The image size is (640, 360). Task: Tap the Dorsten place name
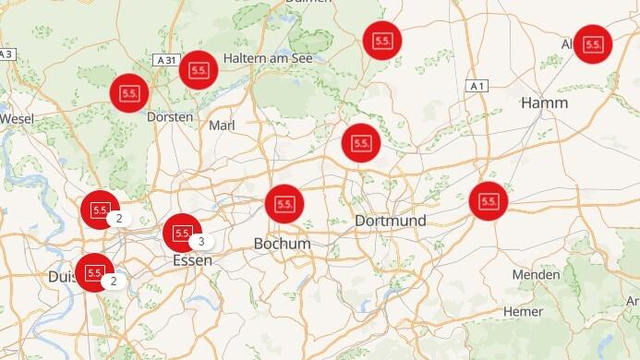click(x=170, y=117)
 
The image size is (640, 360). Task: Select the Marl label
click(x=223, y=125)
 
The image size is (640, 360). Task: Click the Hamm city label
click(x=544, y=103)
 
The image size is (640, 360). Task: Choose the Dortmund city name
click(x=391, y=222)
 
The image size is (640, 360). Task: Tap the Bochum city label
click(x=282, y=243)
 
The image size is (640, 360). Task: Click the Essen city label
click(x=192, y=260)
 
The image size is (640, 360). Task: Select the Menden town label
click(x=536, y=274)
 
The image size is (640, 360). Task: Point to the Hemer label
click(x=523, y=311)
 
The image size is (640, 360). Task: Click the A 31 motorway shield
click(x=166, y=60)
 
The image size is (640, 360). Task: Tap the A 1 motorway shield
click(x=477, y=86)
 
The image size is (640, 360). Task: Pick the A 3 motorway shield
click(x=7, y=54)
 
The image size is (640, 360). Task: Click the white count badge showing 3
click(x=201, y=242)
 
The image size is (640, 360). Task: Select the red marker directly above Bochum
click(x=284, y=203)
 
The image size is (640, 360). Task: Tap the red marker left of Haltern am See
click(x=198, y=69)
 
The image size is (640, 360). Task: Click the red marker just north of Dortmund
click(x=360, y=142)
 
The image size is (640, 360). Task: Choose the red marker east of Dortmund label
click(x=488, y=200)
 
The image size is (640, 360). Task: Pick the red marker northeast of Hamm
click(x=593, y=43)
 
